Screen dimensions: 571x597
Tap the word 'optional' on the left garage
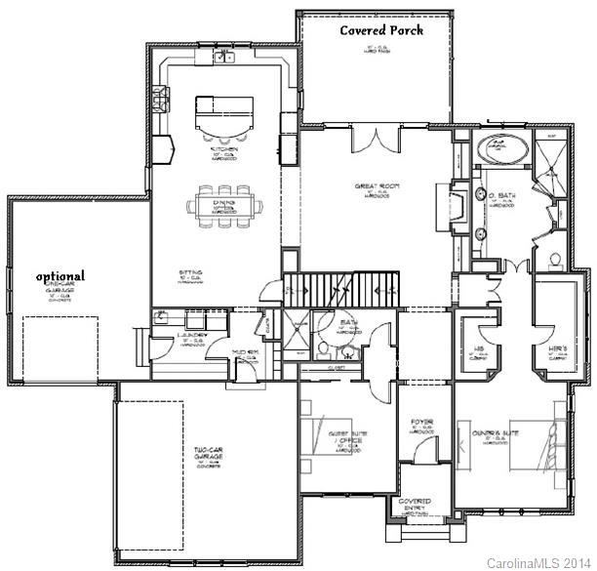pyautogui.click(x=60, y=276)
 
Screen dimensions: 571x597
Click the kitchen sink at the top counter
pyautogui.click(x=225, y=58)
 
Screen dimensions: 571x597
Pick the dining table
pyautogui.click(x=225, y=206)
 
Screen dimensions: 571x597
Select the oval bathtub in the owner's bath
pyautogui.click(x=503, y=149)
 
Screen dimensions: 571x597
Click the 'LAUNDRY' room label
pyautogui.click(x=193, y=335)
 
